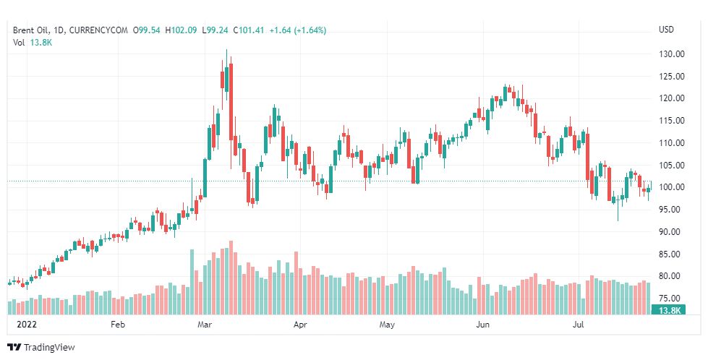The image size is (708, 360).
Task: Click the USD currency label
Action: point(666,30)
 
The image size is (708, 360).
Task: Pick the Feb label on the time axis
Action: point(119,325)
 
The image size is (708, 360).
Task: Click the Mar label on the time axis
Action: point(205,325)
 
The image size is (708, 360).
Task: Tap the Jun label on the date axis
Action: point(480,325)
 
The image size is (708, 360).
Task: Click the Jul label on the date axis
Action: point(578,325)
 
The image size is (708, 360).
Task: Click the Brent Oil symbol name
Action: point(33,30)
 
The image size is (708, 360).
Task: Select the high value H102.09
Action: point(181,30)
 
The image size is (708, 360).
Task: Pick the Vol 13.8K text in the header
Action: point(33,43)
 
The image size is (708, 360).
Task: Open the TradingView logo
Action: point(41,348)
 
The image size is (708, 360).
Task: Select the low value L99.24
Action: point(215,30)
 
